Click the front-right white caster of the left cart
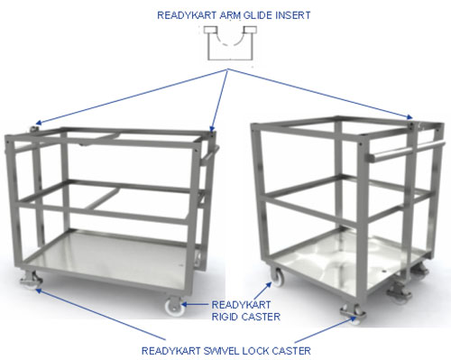[170, 306]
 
